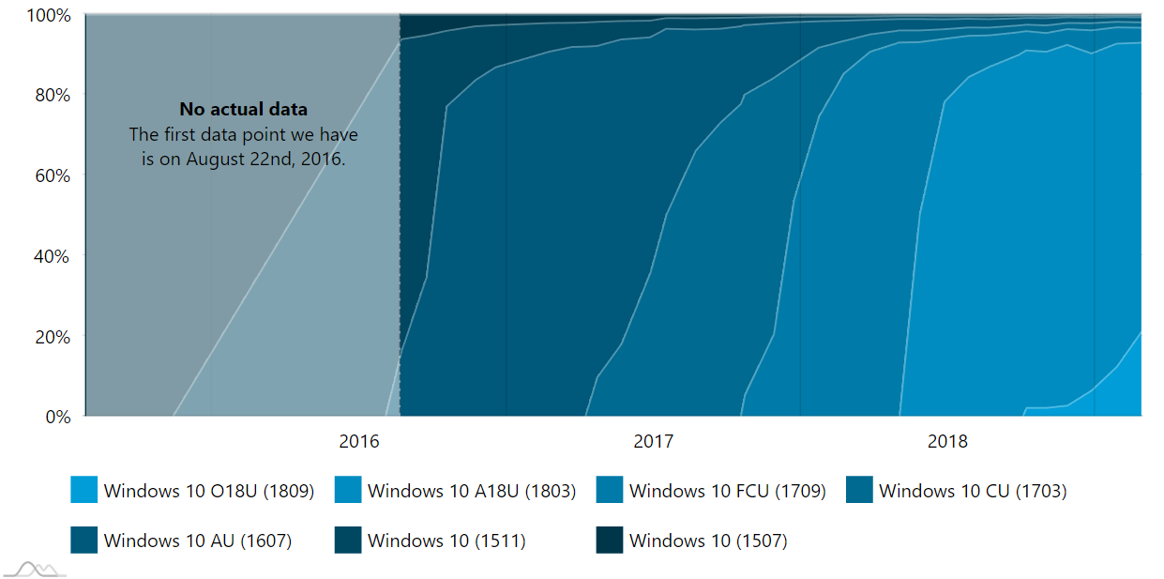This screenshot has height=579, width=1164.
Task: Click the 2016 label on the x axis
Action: (x=358, y=441)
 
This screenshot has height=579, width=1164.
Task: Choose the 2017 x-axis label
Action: (x=653, y=441)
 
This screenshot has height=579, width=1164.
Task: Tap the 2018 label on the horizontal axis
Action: (x=947, y=441)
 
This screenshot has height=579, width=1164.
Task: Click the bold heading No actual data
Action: (x=243, y=110)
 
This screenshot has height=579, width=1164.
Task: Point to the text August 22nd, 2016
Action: (x=265, y=159)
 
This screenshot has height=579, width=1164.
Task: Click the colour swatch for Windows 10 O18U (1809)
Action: (x=83, y=490)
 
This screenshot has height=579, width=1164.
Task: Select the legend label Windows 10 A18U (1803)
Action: (x=471, y=491)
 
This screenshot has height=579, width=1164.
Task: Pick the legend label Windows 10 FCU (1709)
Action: (x=727, y=491)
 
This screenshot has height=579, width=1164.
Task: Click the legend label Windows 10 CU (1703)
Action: (x=973, y=491)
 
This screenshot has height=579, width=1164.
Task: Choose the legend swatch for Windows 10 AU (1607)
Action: (x=83, y=541)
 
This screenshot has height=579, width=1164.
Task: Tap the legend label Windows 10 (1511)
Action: (x=446, y=541)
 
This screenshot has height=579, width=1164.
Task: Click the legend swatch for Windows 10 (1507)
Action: (x=609, y=541)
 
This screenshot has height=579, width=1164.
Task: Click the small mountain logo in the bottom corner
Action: (x=35, y=569)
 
